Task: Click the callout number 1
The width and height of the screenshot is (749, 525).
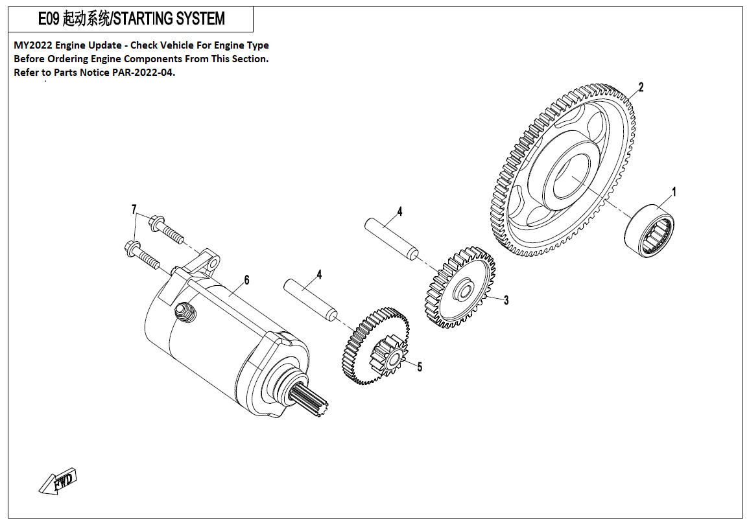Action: pos(674,192)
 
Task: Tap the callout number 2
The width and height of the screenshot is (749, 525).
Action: pos(641,87)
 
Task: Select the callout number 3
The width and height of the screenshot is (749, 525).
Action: pos(506,300)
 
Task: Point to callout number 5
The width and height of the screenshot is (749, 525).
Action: pos(420,367)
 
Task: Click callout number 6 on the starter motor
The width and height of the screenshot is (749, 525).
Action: pos(246,280)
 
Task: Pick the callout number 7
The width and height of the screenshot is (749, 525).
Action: pos(134,209)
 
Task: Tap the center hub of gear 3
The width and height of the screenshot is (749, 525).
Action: pos(461,289)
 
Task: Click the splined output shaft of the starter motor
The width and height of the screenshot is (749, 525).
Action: pos(311,399)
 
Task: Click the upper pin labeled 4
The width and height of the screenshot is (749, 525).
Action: pos(392,239)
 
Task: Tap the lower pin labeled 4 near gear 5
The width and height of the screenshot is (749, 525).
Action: pos(312,299)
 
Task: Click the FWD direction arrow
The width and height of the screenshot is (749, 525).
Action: pos(58,482)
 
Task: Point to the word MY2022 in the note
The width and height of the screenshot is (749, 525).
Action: pos(32,45)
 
